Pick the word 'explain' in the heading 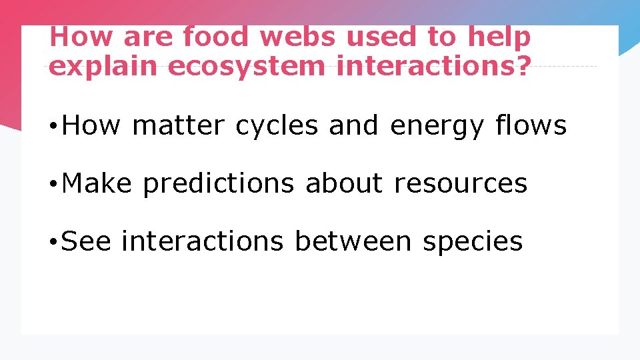tap(104, 67)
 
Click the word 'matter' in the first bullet tap(178, 125)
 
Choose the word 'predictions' tap(218, 183)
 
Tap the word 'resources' tap(461, 183)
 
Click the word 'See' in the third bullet tap(85, 241)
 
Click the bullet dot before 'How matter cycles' tap(52, 126)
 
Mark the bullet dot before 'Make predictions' tap(52, 184)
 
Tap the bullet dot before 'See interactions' tap(52, 242)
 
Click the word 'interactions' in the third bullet tap(202, 241)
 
